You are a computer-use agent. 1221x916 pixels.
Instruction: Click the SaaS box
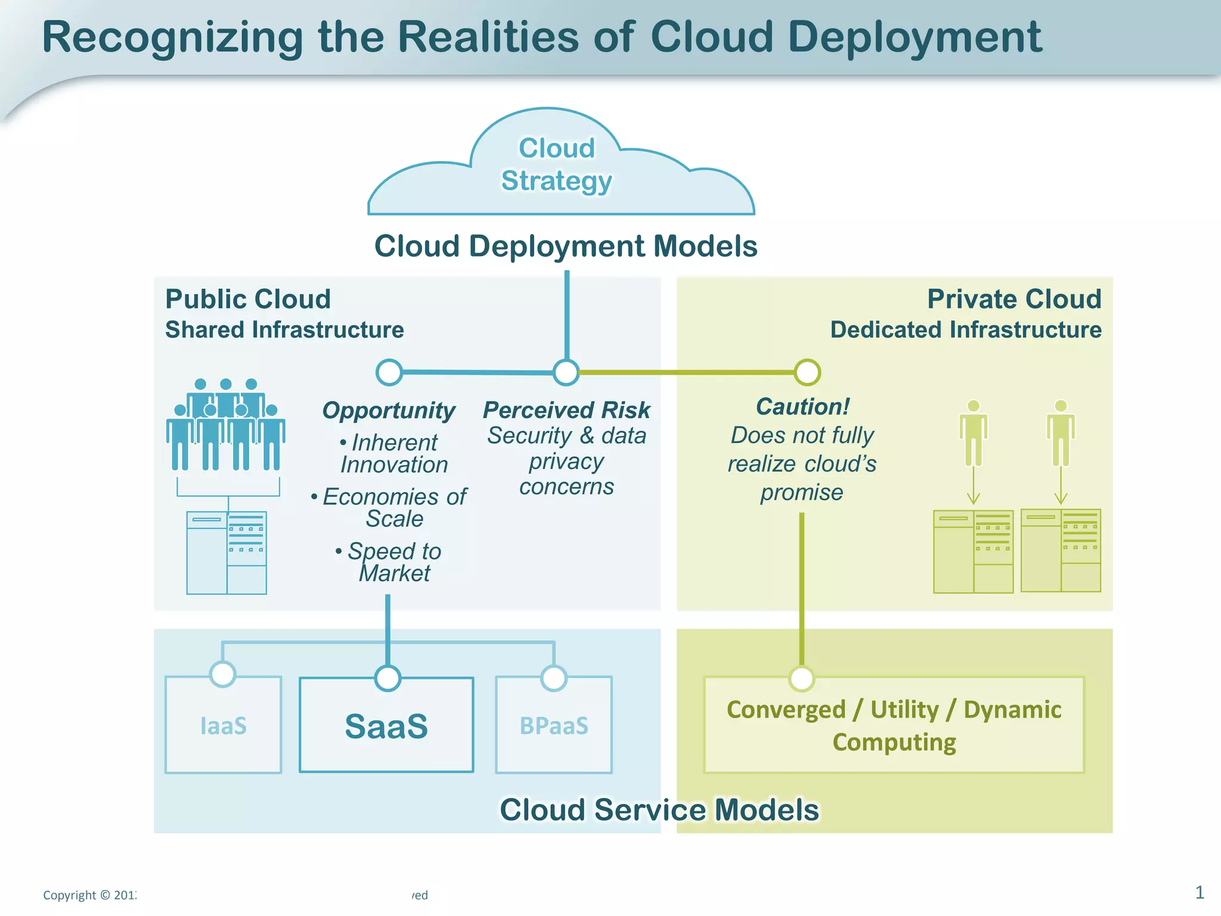click(x=386, y=726)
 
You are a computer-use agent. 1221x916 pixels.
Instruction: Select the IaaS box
click(x=223, y=726)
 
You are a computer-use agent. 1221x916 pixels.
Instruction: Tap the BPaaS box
click(x=554, y=726)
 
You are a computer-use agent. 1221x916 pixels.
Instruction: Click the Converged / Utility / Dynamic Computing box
click(x=894, y=726)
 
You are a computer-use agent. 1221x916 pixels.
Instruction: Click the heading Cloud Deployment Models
click(x=566, y=246)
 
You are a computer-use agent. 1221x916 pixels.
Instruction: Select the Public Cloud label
click(x=248, y=299)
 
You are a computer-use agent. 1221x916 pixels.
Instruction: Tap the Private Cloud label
click(x=1014, y=299)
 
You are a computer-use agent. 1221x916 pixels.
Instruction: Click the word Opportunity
click(x=389, y=410)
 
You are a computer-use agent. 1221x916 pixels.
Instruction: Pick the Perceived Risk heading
click(x=566, y=410)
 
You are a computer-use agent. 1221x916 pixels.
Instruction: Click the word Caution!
click(x=802, y=407)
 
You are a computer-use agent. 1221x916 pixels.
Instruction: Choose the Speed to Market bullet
click(x=393, y=562)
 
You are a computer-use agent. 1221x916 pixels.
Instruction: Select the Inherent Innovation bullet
click(x=393, y=453)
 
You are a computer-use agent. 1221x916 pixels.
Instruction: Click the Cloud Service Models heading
click(x=659, y=810)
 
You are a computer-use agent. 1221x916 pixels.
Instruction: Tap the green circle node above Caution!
click(x=807, y=372)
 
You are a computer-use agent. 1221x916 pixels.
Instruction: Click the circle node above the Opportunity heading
click(x=389, y=372)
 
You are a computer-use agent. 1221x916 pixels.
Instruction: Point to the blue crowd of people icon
click(x=226, y=425)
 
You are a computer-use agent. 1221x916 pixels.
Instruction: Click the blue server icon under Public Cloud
click(x=227, y=552)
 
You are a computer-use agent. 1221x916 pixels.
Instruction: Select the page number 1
click(x=1200, y=892)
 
